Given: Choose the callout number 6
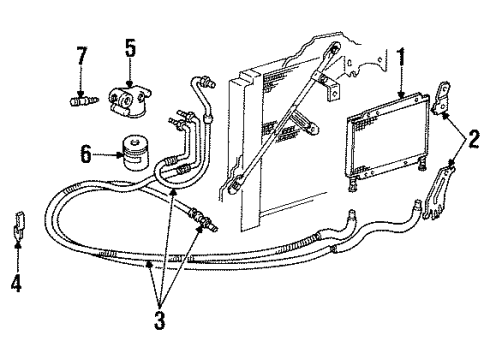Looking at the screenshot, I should point(86,153).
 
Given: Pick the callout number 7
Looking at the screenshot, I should point(80,50).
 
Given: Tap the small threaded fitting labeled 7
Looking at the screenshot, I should point(81,100).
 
